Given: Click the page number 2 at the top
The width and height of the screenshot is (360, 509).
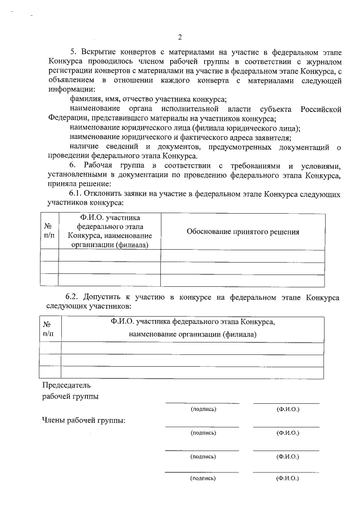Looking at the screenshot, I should coord(180,37).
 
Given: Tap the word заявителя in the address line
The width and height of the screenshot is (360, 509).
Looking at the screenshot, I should coord(271,137).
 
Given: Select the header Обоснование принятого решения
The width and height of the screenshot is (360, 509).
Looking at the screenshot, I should coord(242,231).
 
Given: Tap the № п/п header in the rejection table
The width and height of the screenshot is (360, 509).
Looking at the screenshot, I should coord(49,231).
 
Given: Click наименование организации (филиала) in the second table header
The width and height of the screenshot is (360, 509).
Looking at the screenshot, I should coord(192,334).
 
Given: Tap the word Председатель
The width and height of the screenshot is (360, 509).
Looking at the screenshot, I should coord(66,386).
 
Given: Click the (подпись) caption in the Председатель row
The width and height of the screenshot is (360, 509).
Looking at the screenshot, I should coord(203,409).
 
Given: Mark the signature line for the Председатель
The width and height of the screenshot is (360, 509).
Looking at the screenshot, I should coord(202,403).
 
